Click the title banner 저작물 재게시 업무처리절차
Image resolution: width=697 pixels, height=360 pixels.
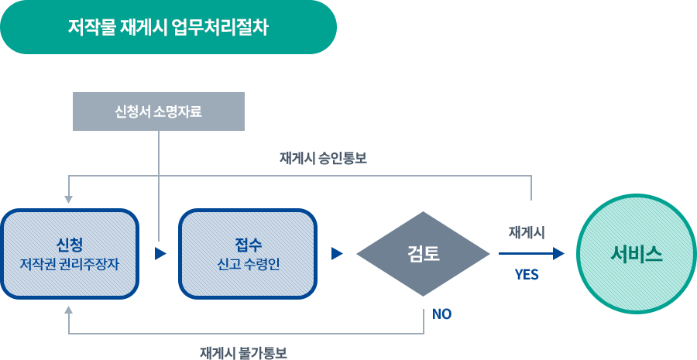tap(168, 28)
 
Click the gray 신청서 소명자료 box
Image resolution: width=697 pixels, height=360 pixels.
tap(159, 111)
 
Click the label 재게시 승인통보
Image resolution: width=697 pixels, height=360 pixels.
tap(322, 158)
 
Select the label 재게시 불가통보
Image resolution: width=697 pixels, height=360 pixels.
tap(243, 353)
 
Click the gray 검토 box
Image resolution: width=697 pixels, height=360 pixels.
tap(424, 254)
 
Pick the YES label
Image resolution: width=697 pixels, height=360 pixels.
tap(527, 275)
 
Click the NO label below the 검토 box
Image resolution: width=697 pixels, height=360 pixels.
tap(441, 314)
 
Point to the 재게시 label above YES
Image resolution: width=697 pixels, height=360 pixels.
tap(527, 232)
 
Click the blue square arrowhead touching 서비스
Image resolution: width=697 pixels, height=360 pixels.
tap(558, 254)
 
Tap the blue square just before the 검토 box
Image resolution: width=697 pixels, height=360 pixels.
tap(336, 254)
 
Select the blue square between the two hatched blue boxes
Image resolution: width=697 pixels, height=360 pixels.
tap(160, 254)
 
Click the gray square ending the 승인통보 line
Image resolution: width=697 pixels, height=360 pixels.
tap(68, 200)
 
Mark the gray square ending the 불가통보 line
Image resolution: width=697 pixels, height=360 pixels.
tap(68, 310)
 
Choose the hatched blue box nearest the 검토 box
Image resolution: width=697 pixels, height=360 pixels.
tap(248, 254)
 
